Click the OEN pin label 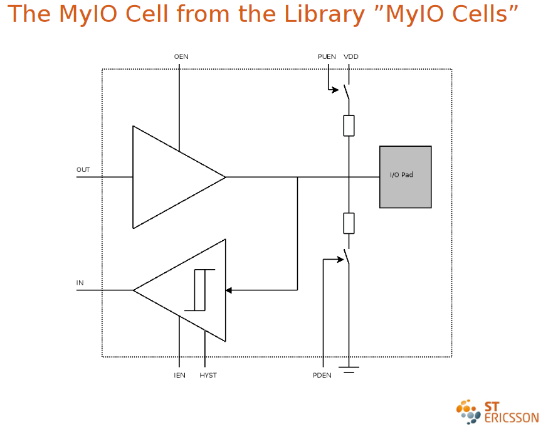click(181, 57)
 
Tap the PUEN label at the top click(327, 57)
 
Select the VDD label click(351, 57)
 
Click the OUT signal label click(83, 170)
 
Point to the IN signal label click(80, 283)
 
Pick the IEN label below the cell click(179, 376)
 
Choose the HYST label click(208, 376)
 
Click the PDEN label click(322, 376)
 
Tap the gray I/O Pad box click(405, 177)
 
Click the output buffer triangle click(169, 177)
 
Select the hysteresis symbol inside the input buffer click(200, 290)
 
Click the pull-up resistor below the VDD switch click(349, 125)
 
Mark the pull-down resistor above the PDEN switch click(349, 223)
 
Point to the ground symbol click(349, 369)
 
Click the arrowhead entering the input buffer click(229, 290)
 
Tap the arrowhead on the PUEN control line click(335, 90)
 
